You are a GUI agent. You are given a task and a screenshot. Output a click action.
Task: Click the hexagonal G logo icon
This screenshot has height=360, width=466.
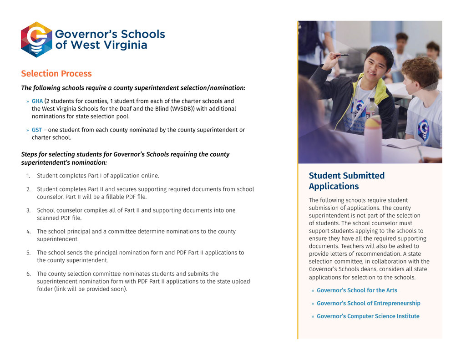click(36, 40)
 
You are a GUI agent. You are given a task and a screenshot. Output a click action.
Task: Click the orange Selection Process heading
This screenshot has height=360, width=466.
click(56, 74)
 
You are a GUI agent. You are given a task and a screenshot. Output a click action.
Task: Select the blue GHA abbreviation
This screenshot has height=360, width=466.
click(37, 101)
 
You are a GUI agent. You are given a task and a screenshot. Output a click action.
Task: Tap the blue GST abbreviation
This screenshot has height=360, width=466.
click(36, 130)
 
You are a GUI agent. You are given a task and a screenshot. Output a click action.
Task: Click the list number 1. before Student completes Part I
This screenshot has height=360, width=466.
click(28, 176)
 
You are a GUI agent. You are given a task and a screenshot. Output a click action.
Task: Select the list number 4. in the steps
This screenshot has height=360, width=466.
click(28, 232)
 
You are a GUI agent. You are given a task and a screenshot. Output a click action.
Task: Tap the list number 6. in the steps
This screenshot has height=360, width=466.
click(28, 274)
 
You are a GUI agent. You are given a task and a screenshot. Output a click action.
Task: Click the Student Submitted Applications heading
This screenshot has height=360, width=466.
click(346, 181)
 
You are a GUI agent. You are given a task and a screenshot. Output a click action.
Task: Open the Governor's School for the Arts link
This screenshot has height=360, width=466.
click(357, 290)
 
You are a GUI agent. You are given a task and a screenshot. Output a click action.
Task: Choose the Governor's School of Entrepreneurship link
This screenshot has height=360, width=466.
click(368, 303)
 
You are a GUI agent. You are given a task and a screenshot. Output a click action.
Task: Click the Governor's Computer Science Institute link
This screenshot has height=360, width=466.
click(368, 316)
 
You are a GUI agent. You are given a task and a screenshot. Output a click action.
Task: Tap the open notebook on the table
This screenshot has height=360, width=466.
click(400, 143)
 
